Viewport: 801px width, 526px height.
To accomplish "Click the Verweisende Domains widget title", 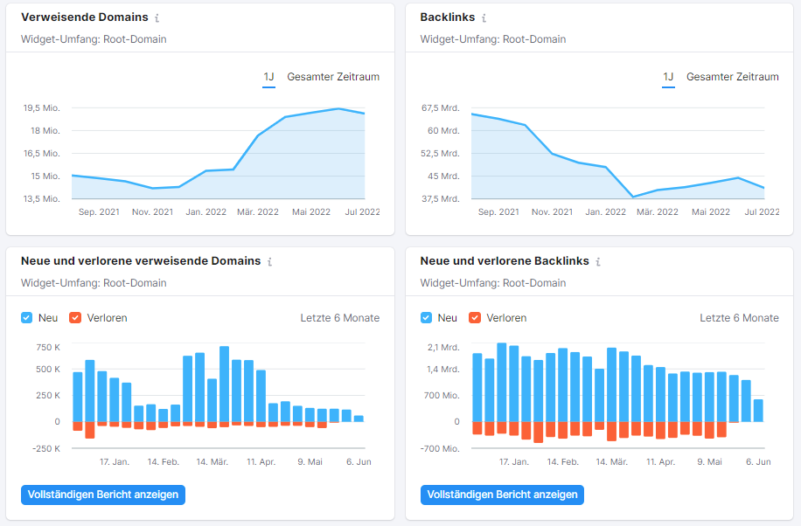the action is click(85, 17).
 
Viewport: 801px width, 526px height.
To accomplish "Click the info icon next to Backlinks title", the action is click(484, 17).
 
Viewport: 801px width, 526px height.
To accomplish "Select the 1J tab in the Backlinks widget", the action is click(668, 77).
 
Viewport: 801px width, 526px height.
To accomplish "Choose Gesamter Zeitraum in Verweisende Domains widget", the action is click(333, 77).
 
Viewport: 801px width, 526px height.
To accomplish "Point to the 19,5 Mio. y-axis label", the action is click(41, 108).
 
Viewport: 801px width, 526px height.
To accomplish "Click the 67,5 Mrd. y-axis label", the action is click(441, 108).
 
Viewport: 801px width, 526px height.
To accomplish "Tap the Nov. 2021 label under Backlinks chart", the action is click(551, 212).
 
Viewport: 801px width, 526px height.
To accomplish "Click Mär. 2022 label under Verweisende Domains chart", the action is click(258, 212).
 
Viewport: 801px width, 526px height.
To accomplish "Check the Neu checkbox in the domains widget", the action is click(27, 318).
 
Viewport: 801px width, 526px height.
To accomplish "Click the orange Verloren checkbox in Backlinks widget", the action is click(475, 318).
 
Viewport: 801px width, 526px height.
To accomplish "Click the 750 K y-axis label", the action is click(48, 348).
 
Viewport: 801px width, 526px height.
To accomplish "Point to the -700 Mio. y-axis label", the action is click(440, 448).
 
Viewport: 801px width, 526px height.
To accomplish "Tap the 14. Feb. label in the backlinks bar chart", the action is click(563, 461).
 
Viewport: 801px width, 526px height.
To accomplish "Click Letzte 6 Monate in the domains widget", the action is click(340, 318).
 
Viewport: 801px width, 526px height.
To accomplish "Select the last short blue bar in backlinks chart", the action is click(758, 411).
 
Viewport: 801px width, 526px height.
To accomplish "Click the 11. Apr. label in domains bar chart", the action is click(261, 461).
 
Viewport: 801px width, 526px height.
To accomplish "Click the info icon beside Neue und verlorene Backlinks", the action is click(598, 261).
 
